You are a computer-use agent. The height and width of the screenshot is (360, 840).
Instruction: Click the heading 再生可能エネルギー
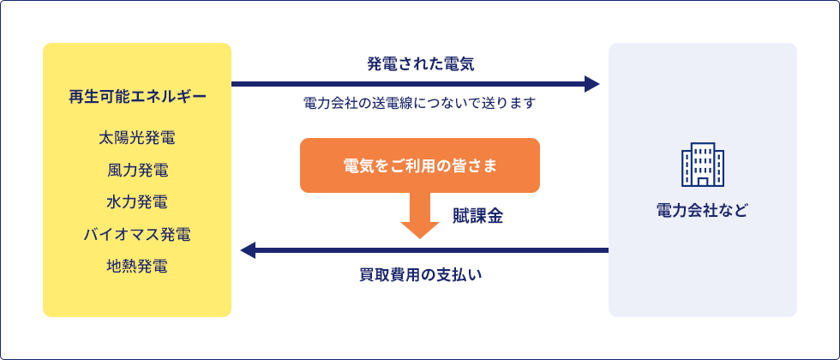[x=137, y=97]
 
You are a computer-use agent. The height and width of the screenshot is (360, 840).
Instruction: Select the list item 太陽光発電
[x=137, y=138]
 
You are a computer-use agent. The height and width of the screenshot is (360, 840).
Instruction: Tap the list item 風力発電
[x=137, y=171]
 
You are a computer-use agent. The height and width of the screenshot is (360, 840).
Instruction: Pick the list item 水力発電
[x=137, y=202]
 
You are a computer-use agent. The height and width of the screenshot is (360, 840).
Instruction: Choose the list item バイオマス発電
[x=137, y=234]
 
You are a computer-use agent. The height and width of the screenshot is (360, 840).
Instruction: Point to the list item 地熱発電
[x=137, y=267]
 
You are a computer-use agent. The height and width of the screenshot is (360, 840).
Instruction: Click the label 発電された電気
[x=421, y=64]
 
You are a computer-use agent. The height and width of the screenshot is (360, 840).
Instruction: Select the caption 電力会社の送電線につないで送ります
[x=420, y=103]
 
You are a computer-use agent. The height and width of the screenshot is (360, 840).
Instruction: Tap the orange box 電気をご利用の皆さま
[x=420, y=165]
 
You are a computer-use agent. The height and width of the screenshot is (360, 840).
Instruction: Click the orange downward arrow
[x=420, y=215]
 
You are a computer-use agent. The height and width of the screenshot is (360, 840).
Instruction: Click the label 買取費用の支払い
[x=421, y=275]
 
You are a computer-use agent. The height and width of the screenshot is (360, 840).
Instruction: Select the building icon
[x=703, y=165]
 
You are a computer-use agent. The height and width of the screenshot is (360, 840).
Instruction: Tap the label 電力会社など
[x=702, y=211]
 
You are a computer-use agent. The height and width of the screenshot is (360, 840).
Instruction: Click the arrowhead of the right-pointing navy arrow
[x=592, y=84]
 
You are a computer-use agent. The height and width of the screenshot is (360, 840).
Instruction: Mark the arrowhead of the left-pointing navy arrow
[x=248, y=250]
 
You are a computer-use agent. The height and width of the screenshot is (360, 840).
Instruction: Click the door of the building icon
[x=703, y=181]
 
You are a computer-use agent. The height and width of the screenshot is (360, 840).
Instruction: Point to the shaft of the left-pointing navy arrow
[x=432, y=250]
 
